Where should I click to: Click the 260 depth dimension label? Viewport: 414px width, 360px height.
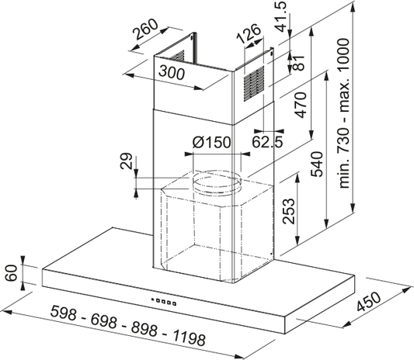pyautogui.click(x=144, y=29)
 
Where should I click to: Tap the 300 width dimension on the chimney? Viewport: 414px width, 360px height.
pyautogui.click(x=172, y=72)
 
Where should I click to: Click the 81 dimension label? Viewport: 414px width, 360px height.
pyautogui.click(x=298, y=63)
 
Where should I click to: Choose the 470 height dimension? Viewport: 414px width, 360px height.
pyautogui.click(x=301, y=105)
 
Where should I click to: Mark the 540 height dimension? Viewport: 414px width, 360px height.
pyautogui.click(x=317, y=164)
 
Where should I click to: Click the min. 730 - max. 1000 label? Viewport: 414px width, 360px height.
pyautogui.click(x=344, y=113)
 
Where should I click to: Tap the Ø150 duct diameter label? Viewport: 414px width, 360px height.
pyautogui.click(x=211, y=143)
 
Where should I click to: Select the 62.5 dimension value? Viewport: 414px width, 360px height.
pyautogui.click(x=267, y=141)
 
